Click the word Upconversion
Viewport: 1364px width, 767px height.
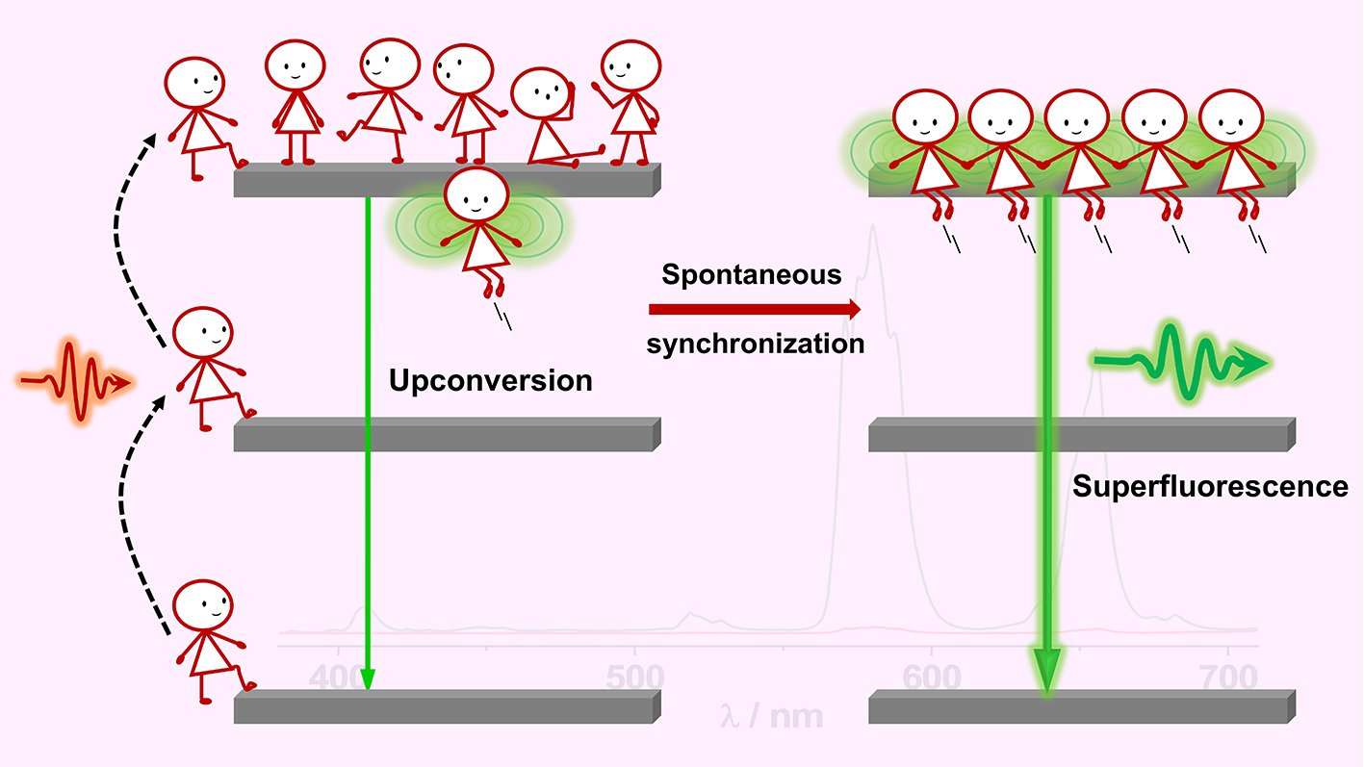coord(490,381)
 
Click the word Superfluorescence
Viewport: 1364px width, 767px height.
coord(1210,487)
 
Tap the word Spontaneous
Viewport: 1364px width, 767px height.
coord(751,275)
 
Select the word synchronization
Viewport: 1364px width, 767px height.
coord(756,344)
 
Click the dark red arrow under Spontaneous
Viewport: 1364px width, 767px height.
coord(755,309)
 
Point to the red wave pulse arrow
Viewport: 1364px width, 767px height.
coord(75,383)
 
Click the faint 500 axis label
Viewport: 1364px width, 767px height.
coord(634,678)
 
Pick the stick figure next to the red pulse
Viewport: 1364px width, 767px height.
coord(207,366)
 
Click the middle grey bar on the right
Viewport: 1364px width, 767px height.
coord(1081,435)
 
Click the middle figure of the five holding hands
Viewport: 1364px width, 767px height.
coord(1076,154)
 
